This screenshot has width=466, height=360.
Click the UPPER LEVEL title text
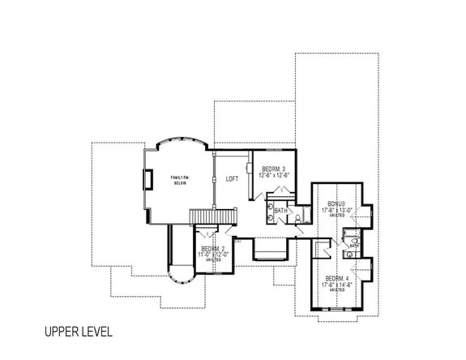tap(77, 332)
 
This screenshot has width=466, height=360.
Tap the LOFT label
tap(231, 179)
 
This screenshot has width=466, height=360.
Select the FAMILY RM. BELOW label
tap(179, 180)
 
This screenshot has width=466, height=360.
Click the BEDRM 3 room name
tap(274, 169)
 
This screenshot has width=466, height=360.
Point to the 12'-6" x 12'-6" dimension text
tap(274, 175)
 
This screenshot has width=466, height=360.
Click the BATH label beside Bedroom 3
tap(281, 211)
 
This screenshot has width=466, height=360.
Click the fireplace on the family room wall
tap(147, 180)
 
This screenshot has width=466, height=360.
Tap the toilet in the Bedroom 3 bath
tap(299, 217)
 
